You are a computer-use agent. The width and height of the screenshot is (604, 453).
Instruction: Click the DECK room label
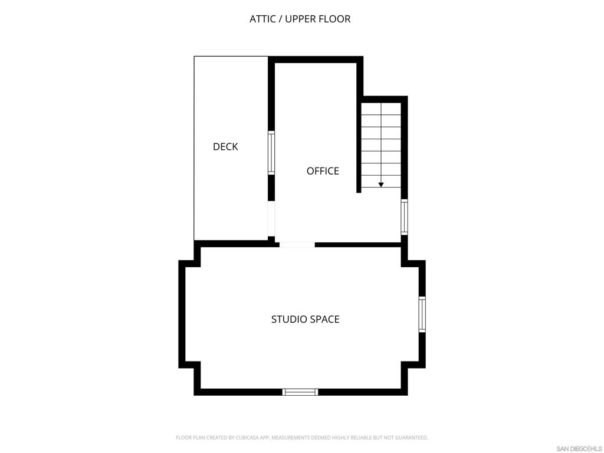[x=225, y=147]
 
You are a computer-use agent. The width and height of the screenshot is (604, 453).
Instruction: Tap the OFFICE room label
[x=323, y=171]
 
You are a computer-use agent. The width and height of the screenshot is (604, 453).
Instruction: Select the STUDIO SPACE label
[x=305, y=319]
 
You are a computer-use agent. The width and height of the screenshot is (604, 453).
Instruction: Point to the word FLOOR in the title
[x=335, y=19]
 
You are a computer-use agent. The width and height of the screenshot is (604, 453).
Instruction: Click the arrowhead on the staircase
[x=381, y=185]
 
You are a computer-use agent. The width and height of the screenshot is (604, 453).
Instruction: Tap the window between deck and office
[x=271, y=152]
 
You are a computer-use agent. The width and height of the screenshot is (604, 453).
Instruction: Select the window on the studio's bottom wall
[x=300, y=392]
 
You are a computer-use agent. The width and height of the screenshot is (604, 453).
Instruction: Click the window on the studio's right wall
[x=422, y=314]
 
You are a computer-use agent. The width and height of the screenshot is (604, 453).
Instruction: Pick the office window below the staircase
[x=404, y=217]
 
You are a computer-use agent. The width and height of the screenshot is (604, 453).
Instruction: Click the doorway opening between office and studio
[x=297, y=244]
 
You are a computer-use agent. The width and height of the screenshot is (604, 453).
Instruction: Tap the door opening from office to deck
[x=271, y=219]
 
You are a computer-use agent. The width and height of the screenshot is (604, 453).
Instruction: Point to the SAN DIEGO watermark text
[x=572, y=448]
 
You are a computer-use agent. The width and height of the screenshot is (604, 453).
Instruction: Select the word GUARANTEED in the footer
[x=412, y=438]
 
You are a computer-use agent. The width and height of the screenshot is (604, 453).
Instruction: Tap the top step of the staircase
[x=381, y=109]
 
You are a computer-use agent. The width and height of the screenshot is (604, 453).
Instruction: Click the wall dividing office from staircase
[x=359, y=147]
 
